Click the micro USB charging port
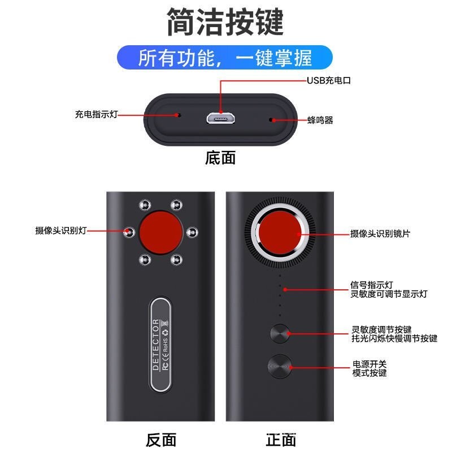[220, 118]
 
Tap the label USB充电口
[329, 80]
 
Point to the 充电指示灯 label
[96, 114]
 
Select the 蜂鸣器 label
[320, 120]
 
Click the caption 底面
[220, 158]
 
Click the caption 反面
[161, 440]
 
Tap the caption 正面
[281, 440]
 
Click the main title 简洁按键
[225, 22]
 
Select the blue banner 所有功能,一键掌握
[225, 58]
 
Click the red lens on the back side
[161, 232]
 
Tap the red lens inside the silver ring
[280, 233]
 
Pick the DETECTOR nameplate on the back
[160, 345]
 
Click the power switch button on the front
[280, 366]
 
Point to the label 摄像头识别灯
[61, 231]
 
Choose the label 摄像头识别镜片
[380, 233]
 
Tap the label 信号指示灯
[372, 285]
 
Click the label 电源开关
[370, 364]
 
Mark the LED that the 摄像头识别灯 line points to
[129, 232]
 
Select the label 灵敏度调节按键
[381, 329]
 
